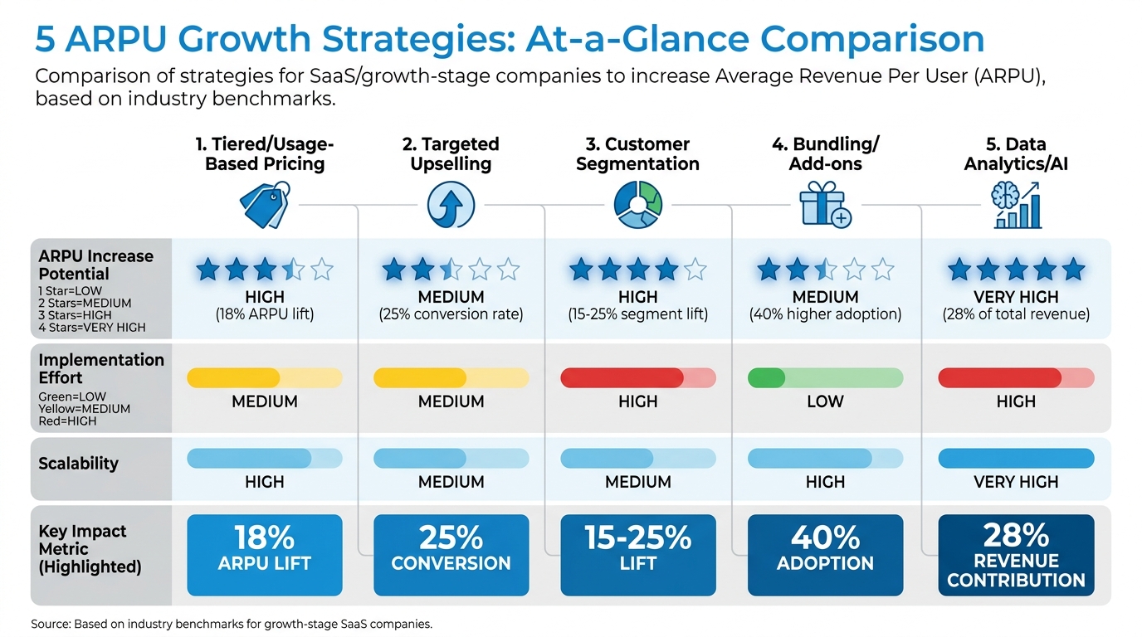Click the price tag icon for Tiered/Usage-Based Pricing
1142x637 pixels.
pos(265,205)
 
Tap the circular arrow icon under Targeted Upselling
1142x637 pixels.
pos(451,205)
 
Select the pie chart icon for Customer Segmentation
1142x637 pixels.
pos(637,205)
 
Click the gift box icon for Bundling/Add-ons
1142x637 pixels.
pos(825,205)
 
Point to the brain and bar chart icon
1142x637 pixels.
pos(1016,205)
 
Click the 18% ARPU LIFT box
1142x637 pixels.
pos(265,555)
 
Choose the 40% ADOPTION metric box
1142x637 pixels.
pos(825,555)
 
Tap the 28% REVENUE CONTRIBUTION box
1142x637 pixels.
pos(1016,555)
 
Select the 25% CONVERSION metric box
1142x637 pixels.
pos(451,555)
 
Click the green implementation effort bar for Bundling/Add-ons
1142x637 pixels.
pos(825,378)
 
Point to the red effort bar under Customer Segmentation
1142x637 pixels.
pos(637,378)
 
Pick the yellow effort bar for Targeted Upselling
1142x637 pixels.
pos(451,378)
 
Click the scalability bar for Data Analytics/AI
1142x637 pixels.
pos(1016,459)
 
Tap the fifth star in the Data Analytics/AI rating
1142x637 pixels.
pos(1073,269)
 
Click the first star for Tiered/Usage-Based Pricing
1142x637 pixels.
pos(208,269)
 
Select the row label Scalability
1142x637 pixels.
pos(78,464)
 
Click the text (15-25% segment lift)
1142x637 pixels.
pos(637,315)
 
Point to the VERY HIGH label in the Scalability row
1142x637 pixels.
pos(1016,482)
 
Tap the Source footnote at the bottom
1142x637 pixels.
pos(232,624)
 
